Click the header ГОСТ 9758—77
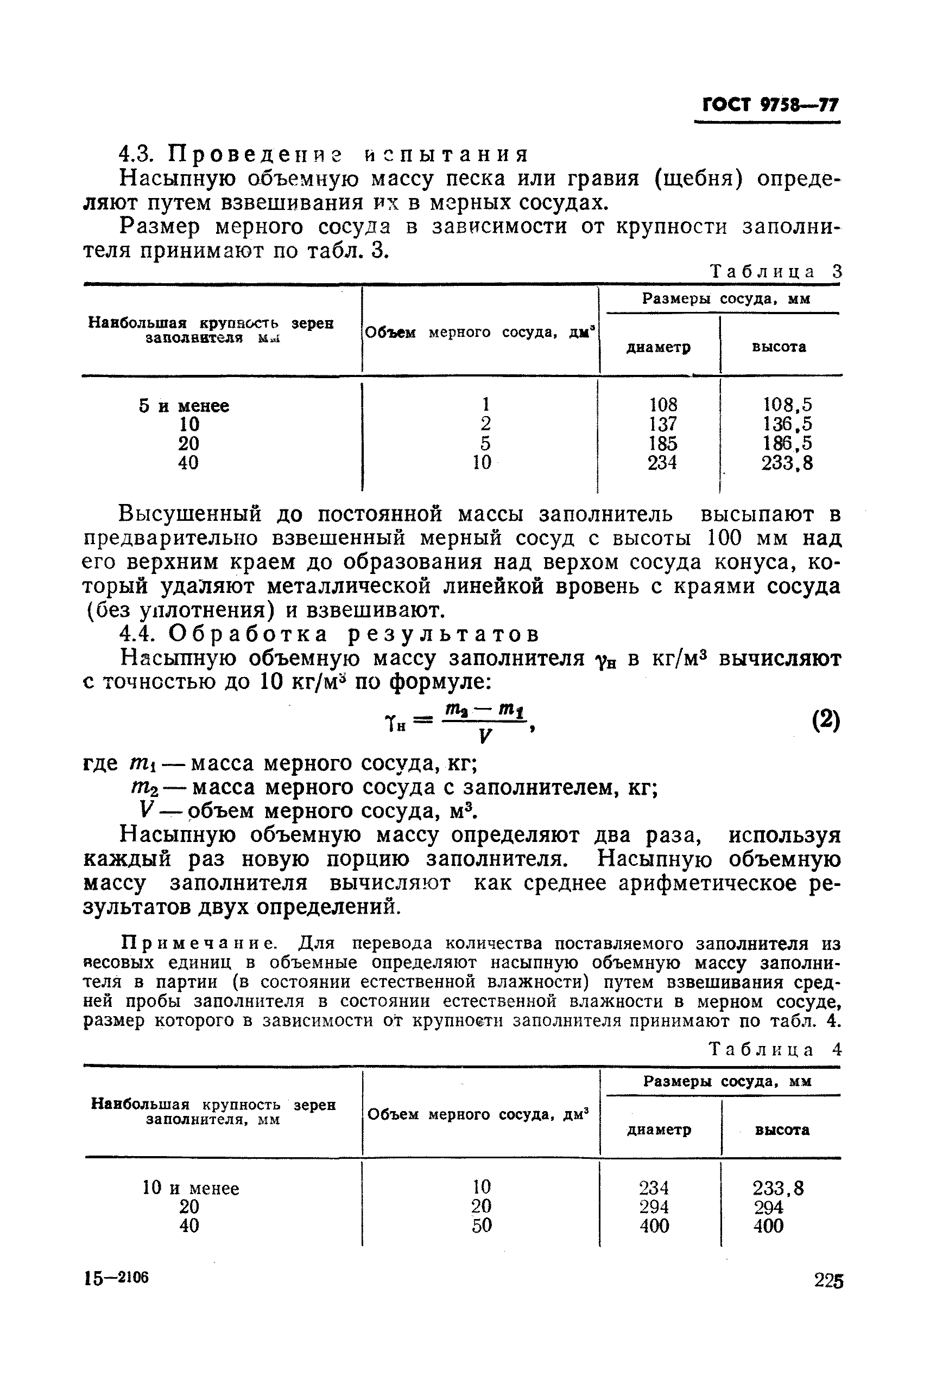(770, 105)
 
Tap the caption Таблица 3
(776, 271)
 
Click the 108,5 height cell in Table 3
(787, 405)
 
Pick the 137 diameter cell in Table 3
(662, 424)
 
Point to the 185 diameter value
(662, 443)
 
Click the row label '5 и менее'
(184, 406)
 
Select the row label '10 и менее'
(191, 1188)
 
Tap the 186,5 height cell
(787, 443)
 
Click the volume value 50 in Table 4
(482, 1226)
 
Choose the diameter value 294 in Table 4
(654, 1207)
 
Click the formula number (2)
(825, 722)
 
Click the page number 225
(828, 1280)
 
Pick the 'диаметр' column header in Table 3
(659, 347)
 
